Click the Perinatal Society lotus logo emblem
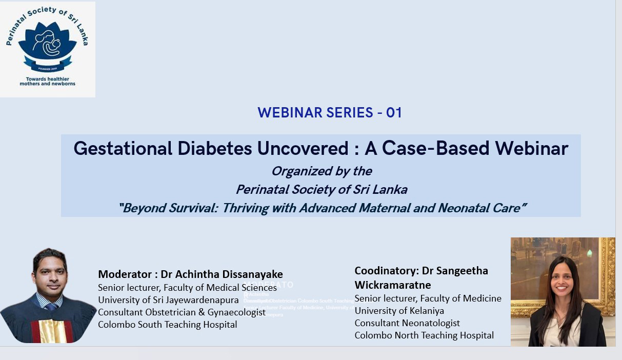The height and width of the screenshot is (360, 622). (47, 45)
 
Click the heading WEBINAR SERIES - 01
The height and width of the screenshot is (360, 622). (330, 113)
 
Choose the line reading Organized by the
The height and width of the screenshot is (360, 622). (322, 171)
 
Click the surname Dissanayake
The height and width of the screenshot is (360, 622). (252, 274)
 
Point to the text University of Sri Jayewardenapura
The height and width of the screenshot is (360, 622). (168, 299)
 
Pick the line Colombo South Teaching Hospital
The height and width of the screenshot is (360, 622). (167, 325)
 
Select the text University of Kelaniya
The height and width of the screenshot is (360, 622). (399, 311)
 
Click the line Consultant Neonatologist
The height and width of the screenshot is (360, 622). (407, 323)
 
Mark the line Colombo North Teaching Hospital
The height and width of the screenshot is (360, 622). (424, 335)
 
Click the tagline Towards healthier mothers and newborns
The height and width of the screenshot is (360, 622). (48, 81)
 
